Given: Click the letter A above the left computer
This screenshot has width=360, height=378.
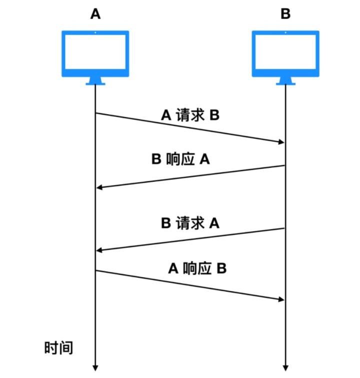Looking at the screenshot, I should click(x=95, y=14).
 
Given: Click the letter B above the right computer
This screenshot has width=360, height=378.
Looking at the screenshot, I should click(x=285, y=14).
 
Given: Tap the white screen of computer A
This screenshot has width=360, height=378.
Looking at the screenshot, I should click(x=95, y=53).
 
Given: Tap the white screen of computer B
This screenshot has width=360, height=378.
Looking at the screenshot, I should click(x=285, y=53).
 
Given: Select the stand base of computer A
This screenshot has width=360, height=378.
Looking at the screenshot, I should click(x=95, y=83).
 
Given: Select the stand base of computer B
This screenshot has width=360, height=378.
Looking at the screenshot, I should click(x=285, y=83).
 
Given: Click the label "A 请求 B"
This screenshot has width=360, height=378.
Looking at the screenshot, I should click(x=190, y=116).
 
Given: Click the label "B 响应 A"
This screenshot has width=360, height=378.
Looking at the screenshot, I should click(x=180, y=159).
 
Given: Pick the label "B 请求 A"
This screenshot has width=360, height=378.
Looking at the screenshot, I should click(x=190, y=223).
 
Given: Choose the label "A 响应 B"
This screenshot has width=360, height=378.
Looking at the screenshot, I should click(x=197, y=268).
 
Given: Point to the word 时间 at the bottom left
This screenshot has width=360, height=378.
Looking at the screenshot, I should click(x=59, y=347).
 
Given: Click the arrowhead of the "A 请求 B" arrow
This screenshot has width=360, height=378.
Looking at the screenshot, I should click(x=280, y=143).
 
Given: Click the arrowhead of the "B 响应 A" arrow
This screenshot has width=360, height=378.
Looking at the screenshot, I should click(x=99, y=187).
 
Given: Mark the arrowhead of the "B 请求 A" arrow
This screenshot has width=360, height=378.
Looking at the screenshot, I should click(x=99, y=250).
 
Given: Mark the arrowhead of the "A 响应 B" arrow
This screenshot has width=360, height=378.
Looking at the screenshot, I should click(x=280, y=299).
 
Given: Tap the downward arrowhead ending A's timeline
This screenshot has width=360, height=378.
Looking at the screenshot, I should click(x=95, y=367).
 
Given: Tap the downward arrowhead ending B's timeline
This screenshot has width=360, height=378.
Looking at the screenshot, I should click(x=285, y=367).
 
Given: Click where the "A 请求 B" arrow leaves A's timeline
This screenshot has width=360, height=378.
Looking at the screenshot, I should click(x=95, y=113).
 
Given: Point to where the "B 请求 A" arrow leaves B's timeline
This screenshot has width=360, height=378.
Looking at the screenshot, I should click(x=285, y=228).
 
